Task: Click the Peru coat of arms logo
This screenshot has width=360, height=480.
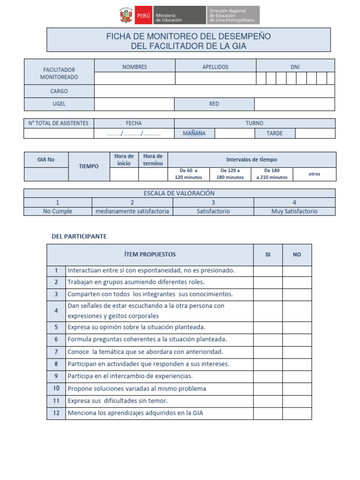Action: click(x=126, y=15)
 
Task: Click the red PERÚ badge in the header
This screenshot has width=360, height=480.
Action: click(x=143, y=15)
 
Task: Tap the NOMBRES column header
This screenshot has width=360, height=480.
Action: click(x=135, y=67)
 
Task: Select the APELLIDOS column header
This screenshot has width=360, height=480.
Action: click(x=215, y=67)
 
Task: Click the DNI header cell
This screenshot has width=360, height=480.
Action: click(x=295, y=67)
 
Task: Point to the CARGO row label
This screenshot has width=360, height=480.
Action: click(x=59, y=91)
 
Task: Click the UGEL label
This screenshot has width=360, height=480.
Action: click(x=59, y=104)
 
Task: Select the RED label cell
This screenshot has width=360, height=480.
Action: click(x=214, y=104)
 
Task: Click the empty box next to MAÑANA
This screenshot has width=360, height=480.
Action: click(x=234, y=133)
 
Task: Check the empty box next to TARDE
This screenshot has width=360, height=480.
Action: click(x=315, y=133)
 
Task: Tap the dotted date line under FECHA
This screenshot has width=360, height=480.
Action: click(x=134, y=134)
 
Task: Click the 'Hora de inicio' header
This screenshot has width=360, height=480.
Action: click(x=124, y=160)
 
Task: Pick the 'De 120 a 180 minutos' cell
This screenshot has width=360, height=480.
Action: click(x=230, y=174)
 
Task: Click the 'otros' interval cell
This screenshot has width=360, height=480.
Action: click(x=314, y=174)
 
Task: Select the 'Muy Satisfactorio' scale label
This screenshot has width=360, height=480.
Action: click(x=294, y=211)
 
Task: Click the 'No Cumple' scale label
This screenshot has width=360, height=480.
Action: click(x=58, y=211)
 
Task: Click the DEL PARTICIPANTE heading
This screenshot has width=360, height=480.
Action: click(x=79, y=236)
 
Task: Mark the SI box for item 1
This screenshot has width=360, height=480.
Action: click(x=268, y=271)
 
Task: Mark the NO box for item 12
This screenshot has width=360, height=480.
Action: click(x=297, y=413)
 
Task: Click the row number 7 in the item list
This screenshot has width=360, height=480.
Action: click(x=56, y=352)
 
